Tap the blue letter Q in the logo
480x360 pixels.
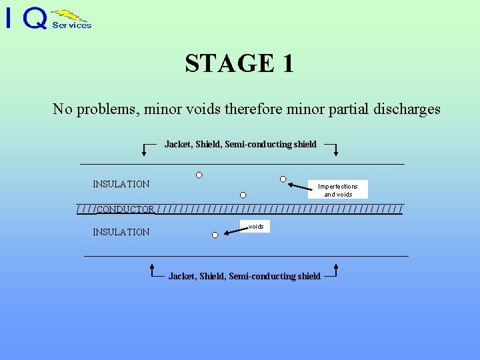click(x=36, y=19)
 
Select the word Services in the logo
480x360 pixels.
click(x=71, y=25)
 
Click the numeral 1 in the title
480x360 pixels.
click(x=287, y=63)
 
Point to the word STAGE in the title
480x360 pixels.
click(x=228, y=63)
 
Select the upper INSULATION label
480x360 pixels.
click(x=121, y=184)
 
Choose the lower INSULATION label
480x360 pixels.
click(x=121, y=232)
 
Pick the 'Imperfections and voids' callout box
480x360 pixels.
click(x=338, y=190)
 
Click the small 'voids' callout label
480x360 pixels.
click(x=256, y=227)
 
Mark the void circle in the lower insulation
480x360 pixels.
click(x=215, y=235)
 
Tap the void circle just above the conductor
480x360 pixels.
click(x=243, y=195)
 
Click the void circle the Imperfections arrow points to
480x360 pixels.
click(x=283, y=179)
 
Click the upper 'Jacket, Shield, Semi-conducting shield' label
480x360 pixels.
click(x=240, y=144)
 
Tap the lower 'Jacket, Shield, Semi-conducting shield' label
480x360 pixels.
click(x=244, y=276)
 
